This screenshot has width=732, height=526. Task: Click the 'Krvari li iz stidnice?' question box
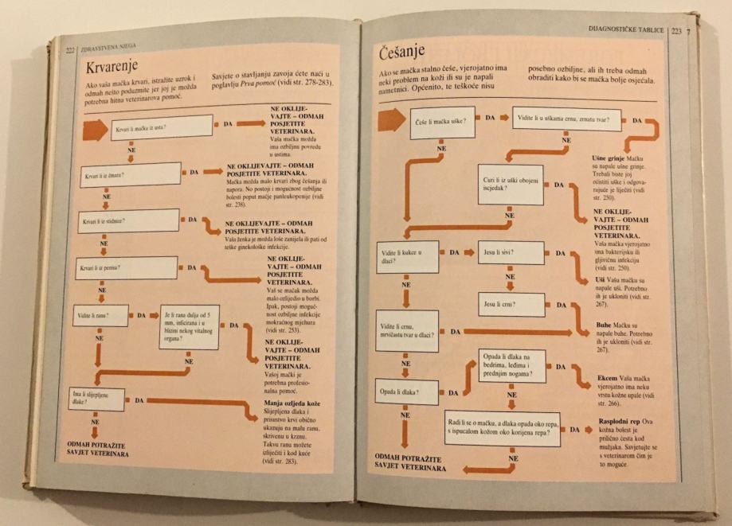[128, 220]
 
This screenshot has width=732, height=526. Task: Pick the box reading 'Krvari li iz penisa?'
[126, 268]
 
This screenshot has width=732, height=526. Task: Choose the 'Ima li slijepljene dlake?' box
[95, 399]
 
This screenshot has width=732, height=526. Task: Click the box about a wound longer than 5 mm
[189, 326]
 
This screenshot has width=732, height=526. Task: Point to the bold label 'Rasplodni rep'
[618, 420]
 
